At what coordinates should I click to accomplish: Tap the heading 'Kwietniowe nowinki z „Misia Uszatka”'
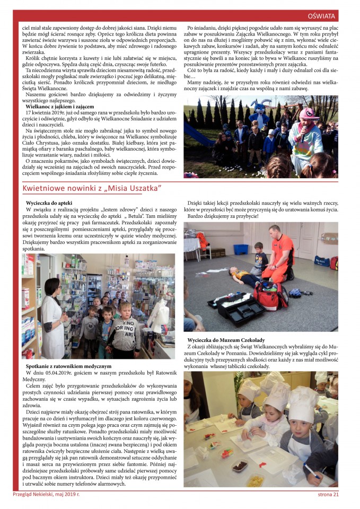click(x=92, y=189)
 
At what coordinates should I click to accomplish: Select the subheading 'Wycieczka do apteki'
click(x=49, y=203)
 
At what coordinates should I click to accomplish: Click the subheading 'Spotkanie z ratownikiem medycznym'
click(x=68, y=366)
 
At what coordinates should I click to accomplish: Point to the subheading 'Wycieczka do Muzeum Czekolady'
click(x=227, y=339)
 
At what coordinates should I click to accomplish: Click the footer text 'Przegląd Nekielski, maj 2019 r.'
click(x=46, y=495)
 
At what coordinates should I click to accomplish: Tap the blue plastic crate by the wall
click(x=241, y=249)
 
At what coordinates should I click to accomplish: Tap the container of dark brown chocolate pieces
click(x=239, y=466)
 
